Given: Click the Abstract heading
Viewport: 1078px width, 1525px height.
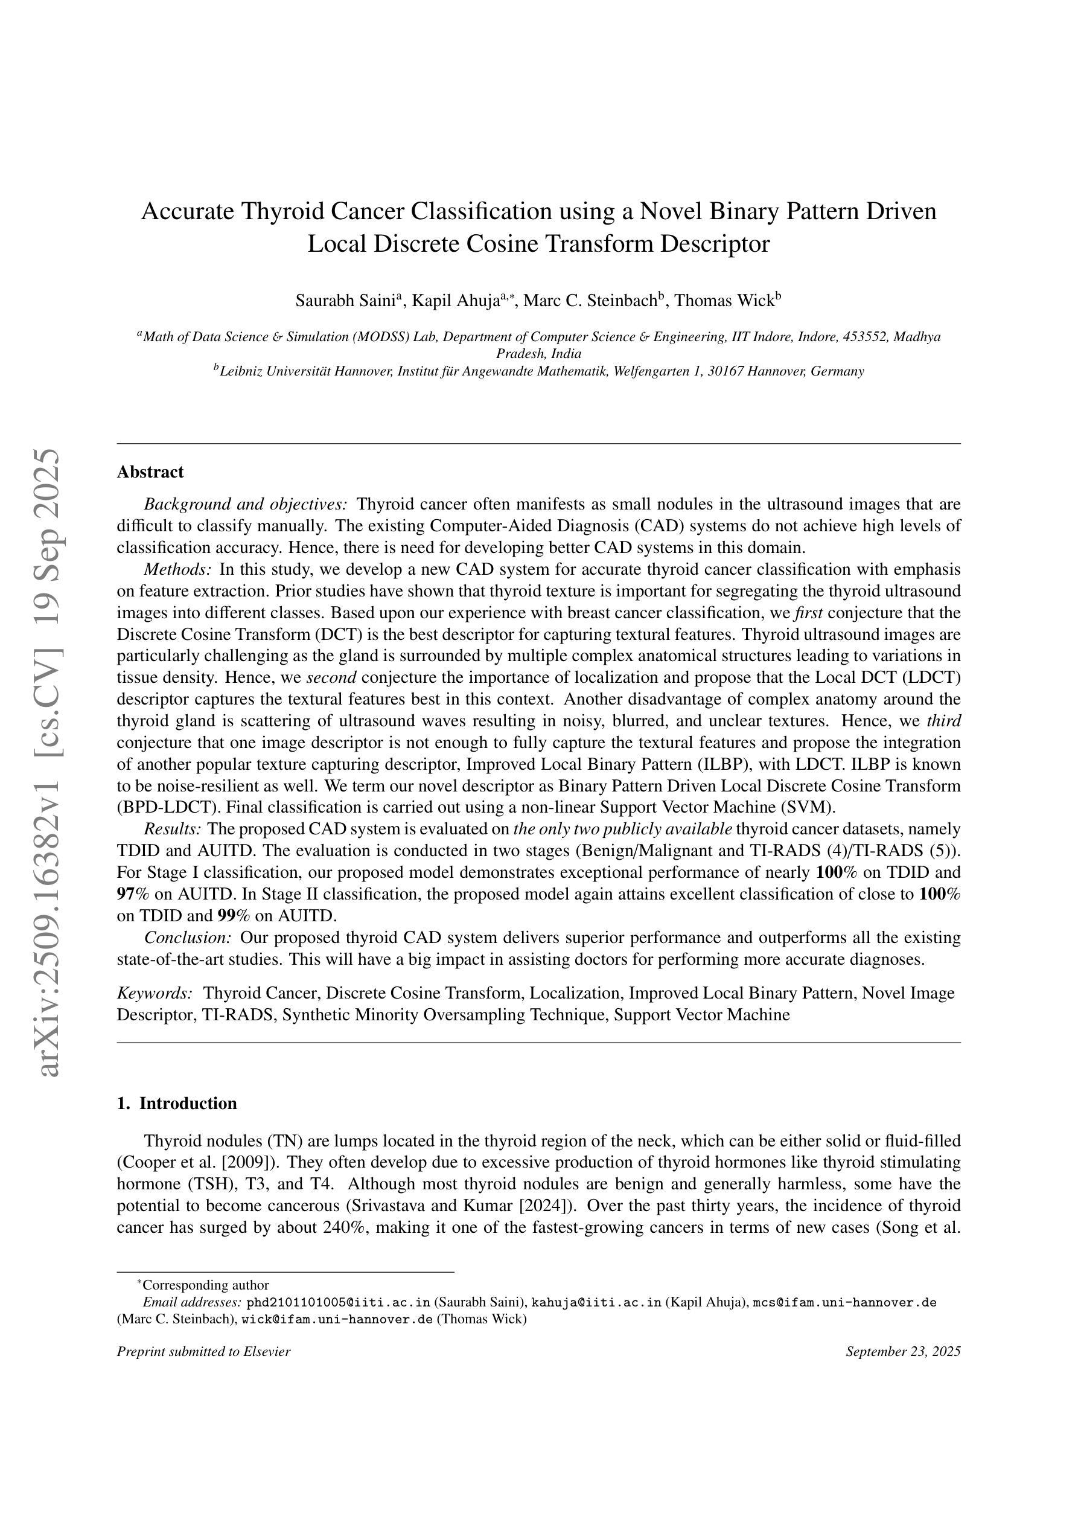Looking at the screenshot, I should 150,472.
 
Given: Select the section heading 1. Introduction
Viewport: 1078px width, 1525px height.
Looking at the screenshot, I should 177,1103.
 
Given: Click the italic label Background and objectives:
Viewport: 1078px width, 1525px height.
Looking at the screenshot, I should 245,505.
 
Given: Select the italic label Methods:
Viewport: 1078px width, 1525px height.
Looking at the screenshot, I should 177,570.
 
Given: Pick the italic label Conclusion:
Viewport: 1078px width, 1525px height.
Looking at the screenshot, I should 187,938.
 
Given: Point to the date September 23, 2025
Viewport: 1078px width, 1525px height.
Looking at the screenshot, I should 902,1352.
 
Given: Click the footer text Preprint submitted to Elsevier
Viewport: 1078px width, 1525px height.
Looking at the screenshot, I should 203,1352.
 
